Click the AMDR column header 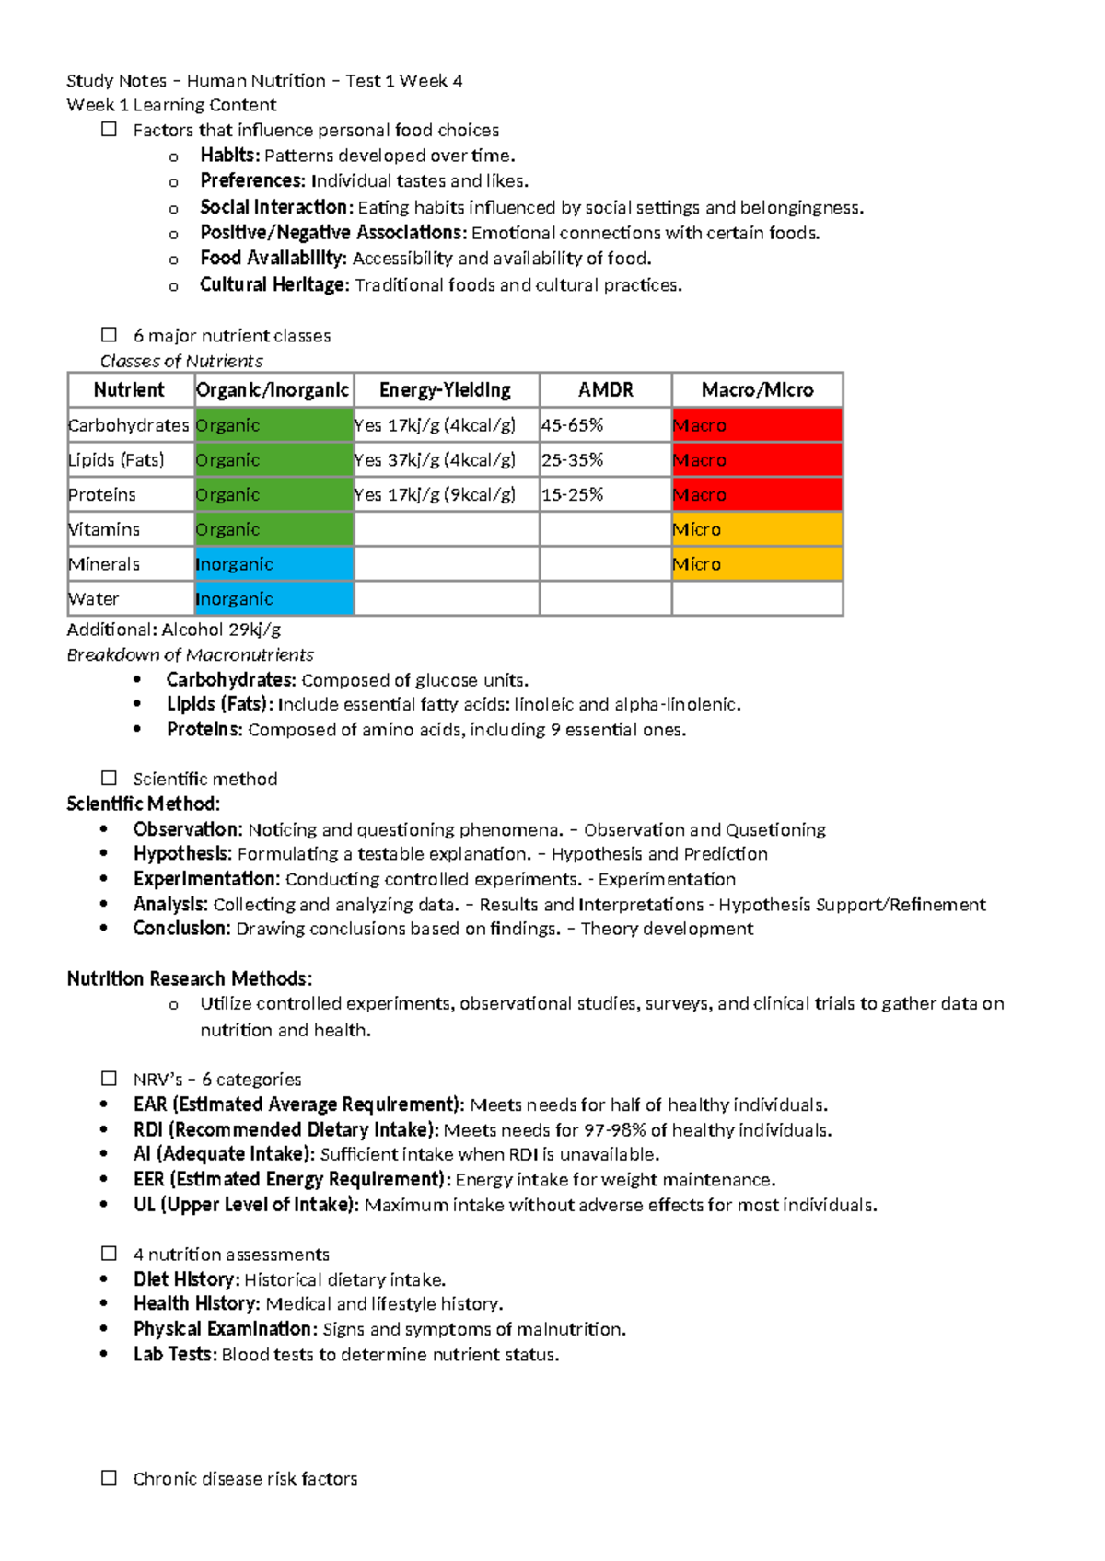pyautogui.click(x=605, y=389)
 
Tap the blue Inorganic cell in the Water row pyautogui.click(x=273, y=599)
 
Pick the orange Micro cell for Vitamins pyautogui.click(x=757, y=529)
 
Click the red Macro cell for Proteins pyautogui.click(x=757, y=495)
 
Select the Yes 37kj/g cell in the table pyautogui.click(x=435, y=460)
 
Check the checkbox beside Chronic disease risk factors pyautogui.click(x=109, y=1477)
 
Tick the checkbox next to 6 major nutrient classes pyautogui.click(x=109, y=335)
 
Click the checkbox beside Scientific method pyautogui.click(x=109, y=778)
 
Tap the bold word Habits pyautogui.click(x=229, y=156)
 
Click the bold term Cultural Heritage pyautogui.click(x=273, y=285)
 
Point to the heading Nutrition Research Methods pyautogui.click(x=189, y=978)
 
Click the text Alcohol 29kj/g pyautogui.click(x=221, y=630)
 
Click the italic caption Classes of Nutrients pyautogui.click(x=181, y=361)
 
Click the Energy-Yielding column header pyautogui.click(x=445, y=389)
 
